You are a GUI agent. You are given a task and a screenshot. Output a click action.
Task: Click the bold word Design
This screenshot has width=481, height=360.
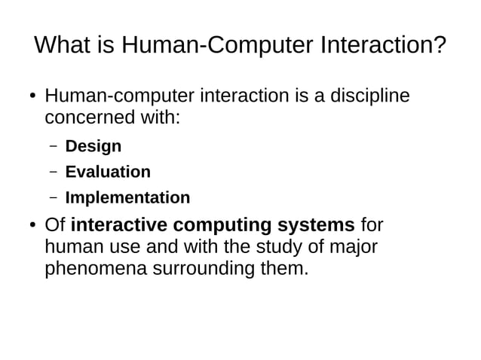tap(93, 146)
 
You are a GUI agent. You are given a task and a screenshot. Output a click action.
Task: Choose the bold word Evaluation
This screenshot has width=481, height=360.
tap(108, 172)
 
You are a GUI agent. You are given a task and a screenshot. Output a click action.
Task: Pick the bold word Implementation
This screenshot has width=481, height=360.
tap(127, 198)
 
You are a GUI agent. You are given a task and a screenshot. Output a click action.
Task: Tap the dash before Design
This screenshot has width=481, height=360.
tap(53, 146)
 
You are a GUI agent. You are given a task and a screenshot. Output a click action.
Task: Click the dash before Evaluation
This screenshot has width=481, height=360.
tap(53, 172)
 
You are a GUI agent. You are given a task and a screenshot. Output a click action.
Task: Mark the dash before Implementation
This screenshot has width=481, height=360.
tap(53, 198)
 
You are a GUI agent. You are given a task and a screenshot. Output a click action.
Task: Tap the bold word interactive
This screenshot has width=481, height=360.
tap(118, 225)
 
